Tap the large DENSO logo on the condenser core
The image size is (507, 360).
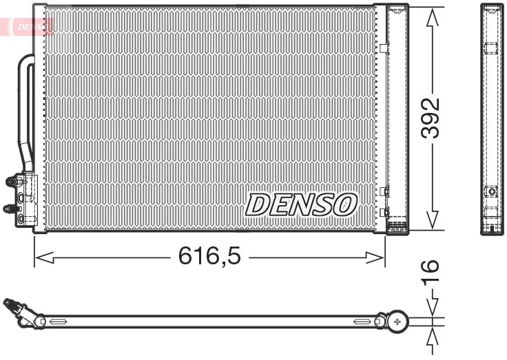point(302,204)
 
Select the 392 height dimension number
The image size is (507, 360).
point(430,118)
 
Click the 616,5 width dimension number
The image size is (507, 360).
point(209,257)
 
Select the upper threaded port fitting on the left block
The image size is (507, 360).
point(12,182)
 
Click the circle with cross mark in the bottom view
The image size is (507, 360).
point(397,321)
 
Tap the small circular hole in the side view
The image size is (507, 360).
point(491,191)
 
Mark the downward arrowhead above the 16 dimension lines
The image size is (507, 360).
point(431,308)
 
